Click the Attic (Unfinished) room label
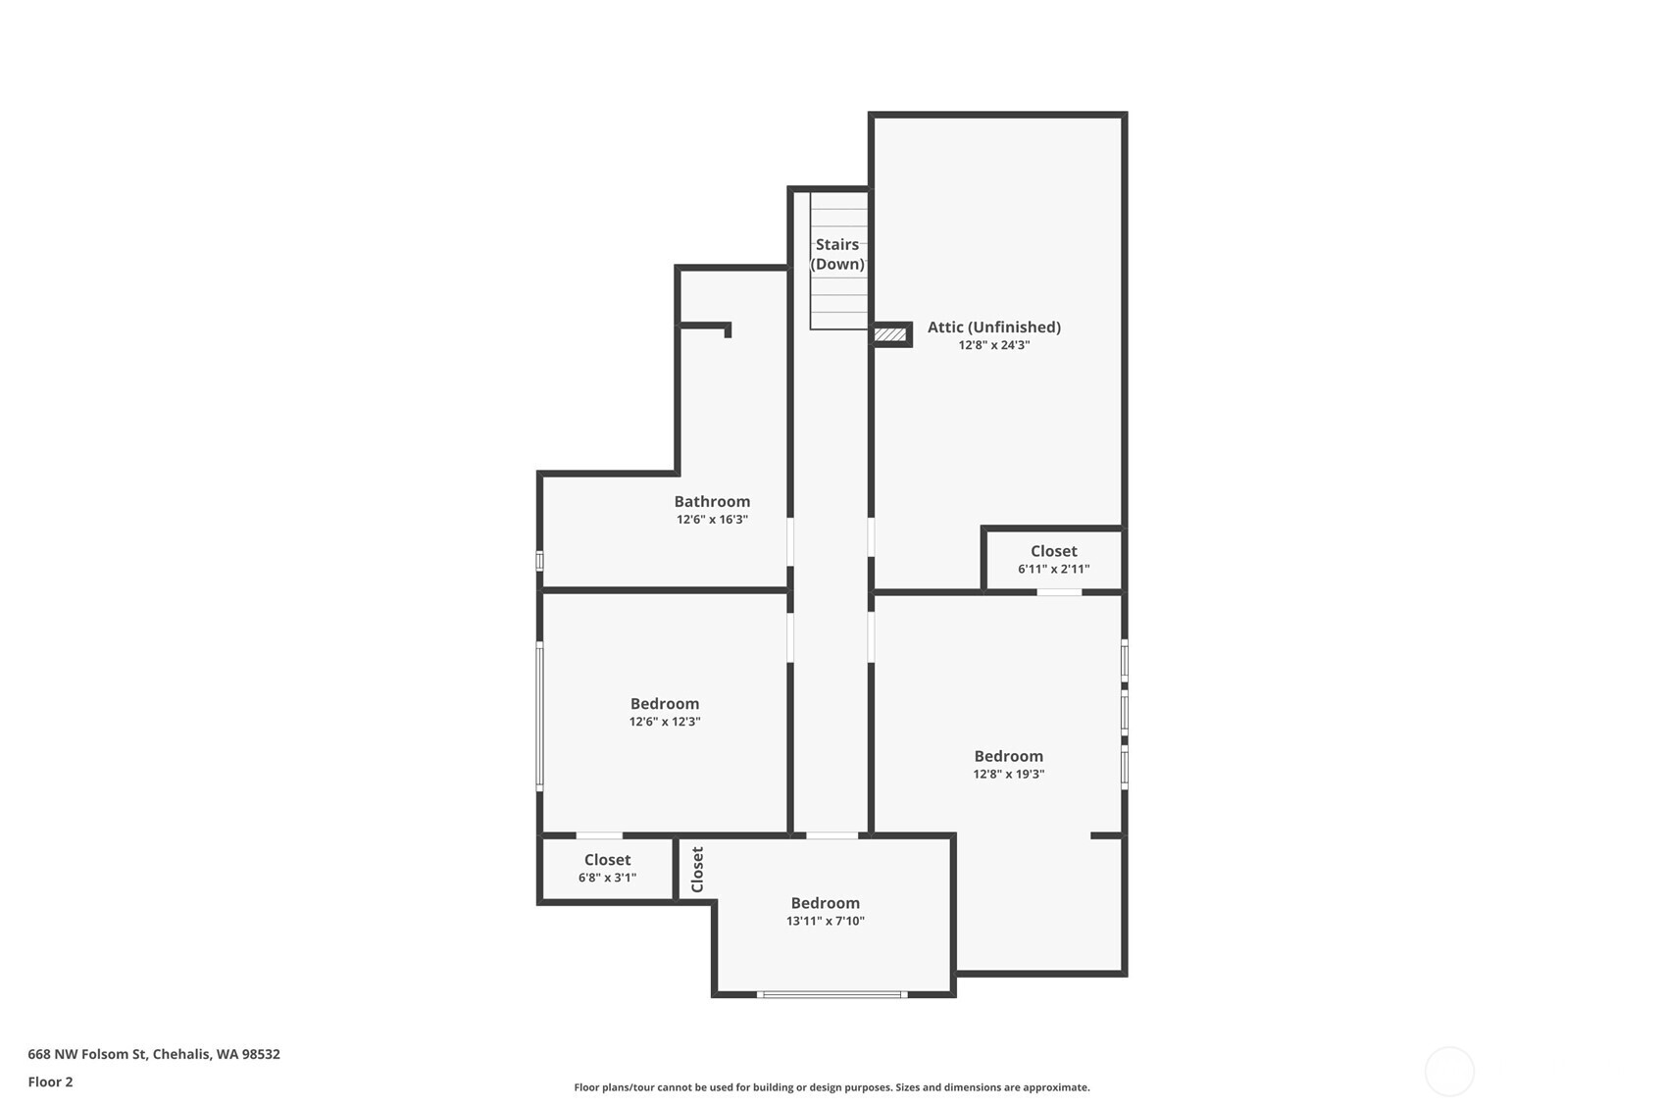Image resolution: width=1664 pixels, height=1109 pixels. coord(993,328)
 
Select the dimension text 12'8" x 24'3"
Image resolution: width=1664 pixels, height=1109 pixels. coord(993,345)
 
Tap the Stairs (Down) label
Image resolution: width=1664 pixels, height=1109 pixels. coord(837,254)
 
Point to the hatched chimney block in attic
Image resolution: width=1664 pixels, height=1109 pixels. coord(890,335)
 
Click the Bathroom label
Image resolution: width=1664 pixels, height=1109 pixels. coord(712,502)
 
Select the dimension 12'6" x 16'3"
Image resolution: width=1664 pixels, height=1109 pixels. coord(712,520)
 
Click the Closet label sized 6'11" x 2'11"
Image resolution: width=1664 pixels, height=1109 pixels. coord(1053,551)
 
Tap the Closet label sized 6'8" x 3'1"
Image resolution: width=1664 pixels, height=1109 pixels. coord(607,860)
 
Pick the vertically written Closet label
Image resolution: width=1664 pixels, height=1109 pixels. coord(697,869)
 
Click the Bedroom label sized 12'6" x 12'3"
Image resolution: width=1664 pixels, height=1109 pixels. coord(664,704)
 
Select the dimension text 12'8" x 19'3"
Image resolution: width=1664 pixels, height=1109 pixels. coord(1008,774)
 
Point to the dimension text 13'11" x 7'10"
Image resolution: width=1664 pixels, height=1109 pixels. coord(825,921)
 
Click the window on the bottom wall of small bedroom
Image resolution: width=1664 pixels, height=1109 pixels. coord(832,994)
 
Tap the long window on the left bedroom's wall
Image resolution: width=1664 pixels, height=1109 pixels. coord(539,715)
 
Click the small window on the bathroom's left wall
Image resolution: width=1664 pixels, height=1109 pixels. coord(539,561)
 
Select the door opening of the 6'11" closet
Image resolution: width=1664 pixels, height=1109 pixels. coord(1059,592)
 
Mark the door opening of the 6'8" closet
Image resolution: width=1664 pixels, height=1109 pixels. coord(598,835)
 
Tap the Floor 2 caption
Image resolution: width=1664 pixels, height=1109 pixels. coord(50,1082)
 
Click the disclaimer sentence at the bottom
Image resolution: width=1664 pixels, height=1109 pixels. coord(832,1086)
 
